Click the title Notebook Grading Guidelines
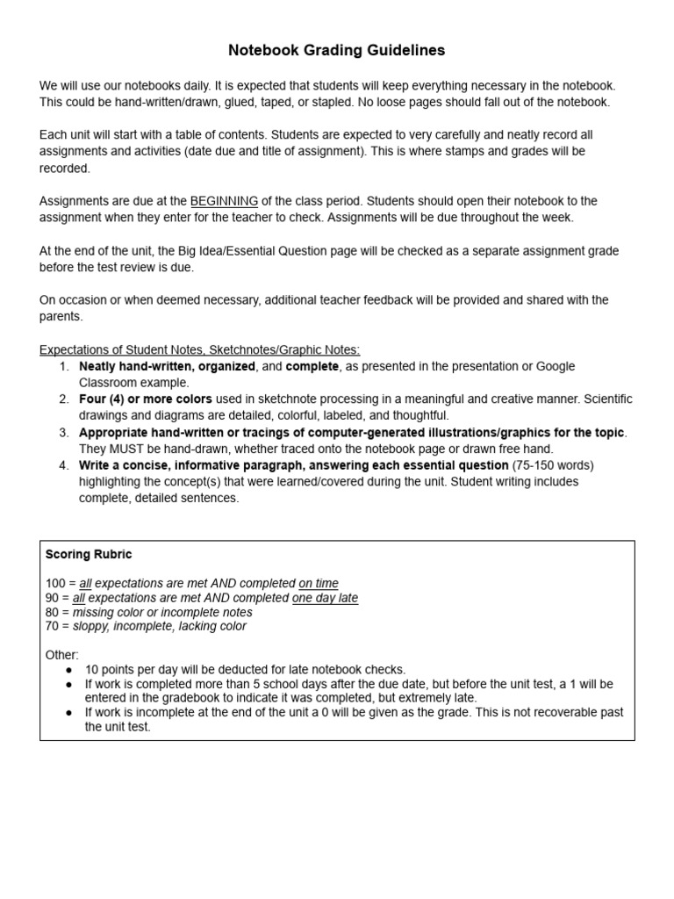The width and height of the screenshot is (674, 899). tap(336, 51)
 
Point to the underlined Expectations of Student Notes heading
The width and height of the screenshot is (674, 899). tap(199, 349)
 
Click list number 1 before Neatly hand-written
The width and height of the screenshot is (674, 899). tap(64, 366)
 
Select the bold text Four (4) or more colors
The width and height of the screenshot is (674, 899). tap(146, 399)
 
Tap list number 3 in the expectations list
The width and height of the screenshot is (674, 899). tap(64, 433)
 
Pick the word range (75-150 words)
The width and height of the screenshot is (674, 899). tap(553, 465)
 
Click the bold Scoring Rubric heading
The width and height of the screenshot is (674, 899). tap(89, 555)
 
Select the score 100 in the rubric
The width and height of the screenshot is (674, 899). tap(54, 584)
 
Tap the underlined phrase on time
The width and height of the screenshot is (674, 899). tap(319, 584)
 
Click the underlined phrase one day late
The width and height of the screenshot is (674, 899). tap(325, 598)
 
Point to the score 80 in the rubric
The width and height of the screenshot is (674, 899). tap(52, 612)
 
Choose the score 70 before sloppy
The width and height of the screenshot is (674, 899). tap(52, 626)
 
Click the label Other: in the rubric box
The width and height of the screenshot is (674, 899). tap(61, 655)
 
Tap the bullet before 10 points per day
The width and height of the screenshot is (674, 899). tap(69, 670)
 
